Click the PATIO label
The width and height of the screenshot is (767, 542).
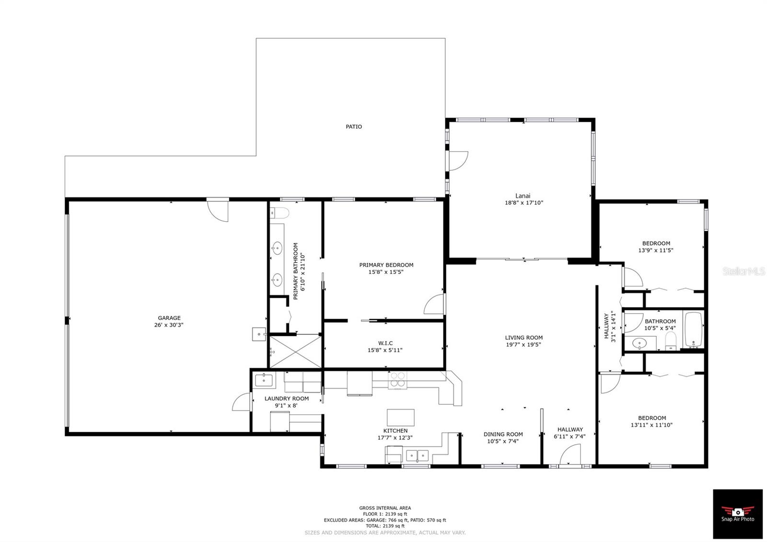pyautogui.click(x=354, y=127)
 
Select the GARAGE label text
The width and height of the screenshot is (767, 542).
pyautogui.click(x=169, y=318)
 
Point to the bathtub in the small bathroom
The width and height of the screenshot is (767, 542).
pyautogui.click(x=693, y=330)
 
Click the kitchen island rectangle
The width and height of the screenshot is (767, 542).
pyautogui.click(x=400, y=417)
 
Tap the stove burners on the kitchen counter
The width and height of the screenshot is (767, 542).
pyautogui.click(x=397, y=380)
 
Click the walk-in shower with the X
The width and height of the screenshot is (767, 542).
pyautogui.click(x=295, y=351)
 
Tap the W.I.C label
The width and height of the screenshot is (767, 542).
pyautogui.click(x=385, y=343)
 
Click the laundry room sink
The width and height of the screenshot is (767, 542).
pyautogui.click(x=264, y=380)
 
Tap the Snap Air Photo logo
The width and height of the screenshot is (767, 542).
pyautogui.click(x=737, y=513)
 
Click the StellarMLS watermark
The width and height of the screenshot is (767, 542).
pyautogui.click(x=744, y=271)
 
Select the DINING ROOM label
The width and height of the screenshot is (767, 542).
pyautogui.click(x=503, y=434)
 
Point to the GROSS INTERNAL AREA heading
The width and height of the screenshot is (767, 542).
pyautogui.click(x=385, y=508)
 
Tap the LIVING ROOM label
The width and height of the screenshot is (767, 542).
pyautogui.click(x=523, y=337)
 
